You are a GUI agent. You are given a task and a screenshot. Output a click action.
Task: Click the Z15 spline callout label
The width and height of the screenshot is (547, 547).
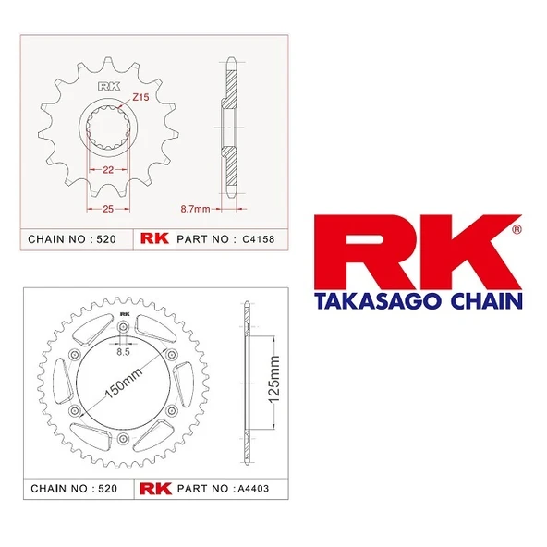[141, 97]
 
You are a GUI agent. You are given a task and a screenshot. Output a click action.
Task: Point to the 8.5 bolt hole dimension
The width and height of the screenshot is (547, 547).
[123, 351]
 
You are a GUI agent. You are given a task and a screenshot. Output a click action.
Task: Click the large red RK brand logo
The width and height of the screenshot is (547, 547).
[412, 254]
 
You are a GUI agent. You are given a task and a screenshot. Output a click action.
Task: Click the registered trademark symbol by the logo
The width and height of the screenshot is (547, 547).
[517, 225]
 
